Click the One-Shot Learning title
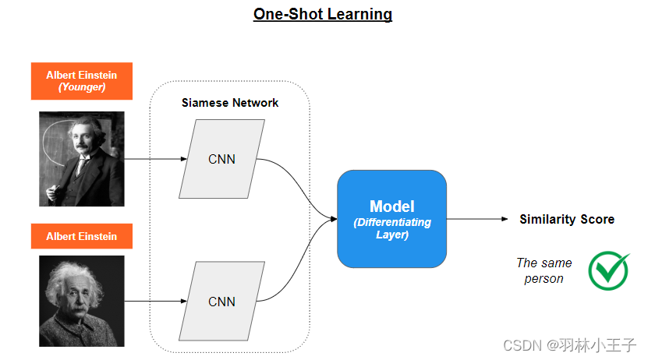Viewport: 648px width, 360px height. click(323, 14)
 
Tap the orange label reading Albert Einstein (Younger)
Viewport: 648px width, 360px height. click(82, 81)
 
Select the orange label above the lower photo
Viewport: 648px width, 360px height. click(82, 236)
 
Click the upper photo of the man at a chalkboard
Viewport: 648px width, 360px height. click(82, 158)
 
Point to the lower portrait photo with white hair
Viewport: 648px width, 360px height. click(82, 301)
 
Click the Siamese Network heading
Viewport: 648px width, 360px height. click(230, 103)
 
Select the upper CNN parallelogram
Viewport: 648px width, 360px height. click(222, 159)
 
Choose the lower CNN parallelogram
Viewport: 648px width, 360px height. click(222, 301)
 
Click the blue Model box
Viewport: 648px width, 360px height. click(391, 219)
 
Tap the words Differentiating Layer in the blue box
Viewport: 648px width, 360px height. click(391, 228)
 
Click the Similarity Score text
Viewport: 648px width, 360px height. click(567, 220)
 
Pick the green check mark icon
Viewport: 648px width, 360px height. click(608, 270)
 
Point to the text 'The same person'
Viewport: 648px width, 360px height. click(544, 270)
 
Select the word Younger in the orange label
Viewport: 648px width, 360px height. click(82, 87)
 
